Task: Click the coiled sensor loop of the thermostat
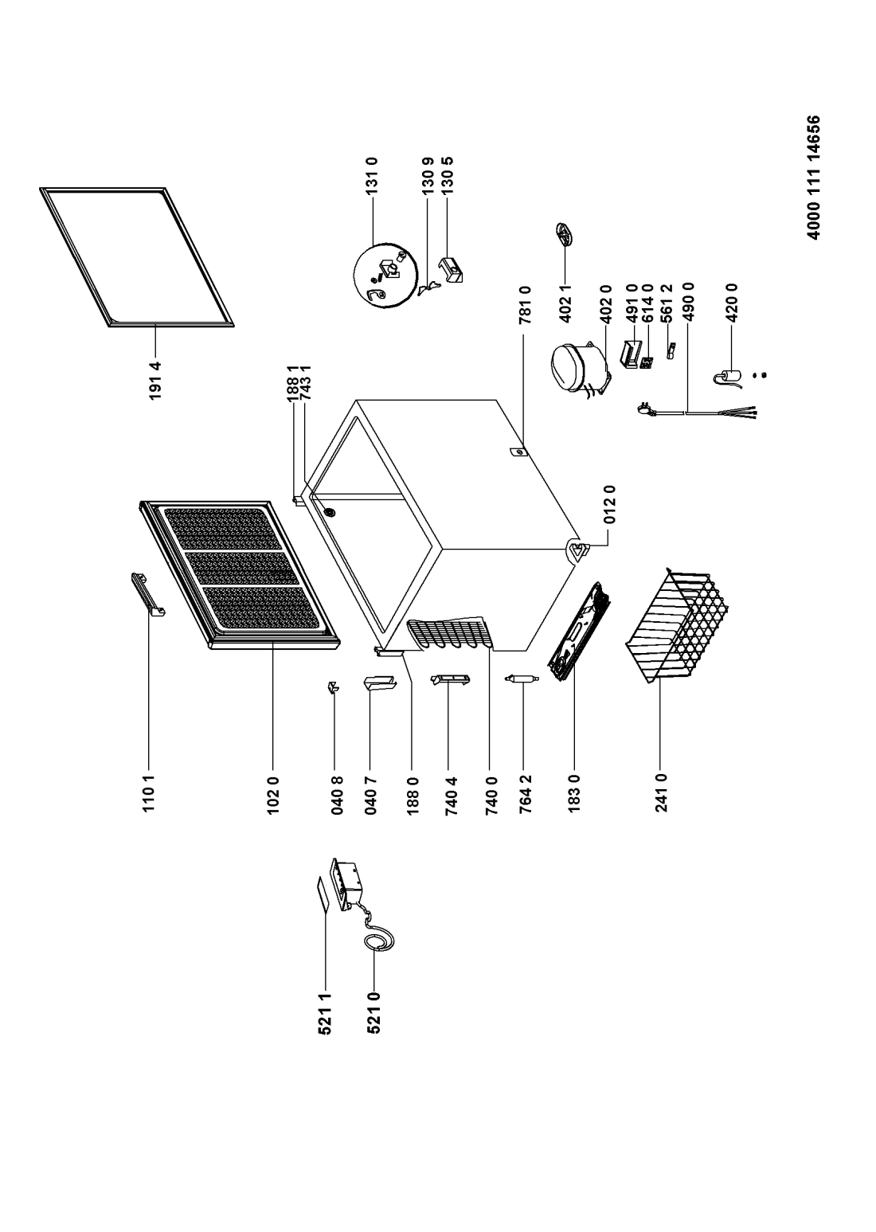[x=377, y=941]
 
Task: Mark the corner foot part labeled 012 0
[x=577, y=549]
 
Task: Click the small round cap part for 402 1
[x=564, y=237]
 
